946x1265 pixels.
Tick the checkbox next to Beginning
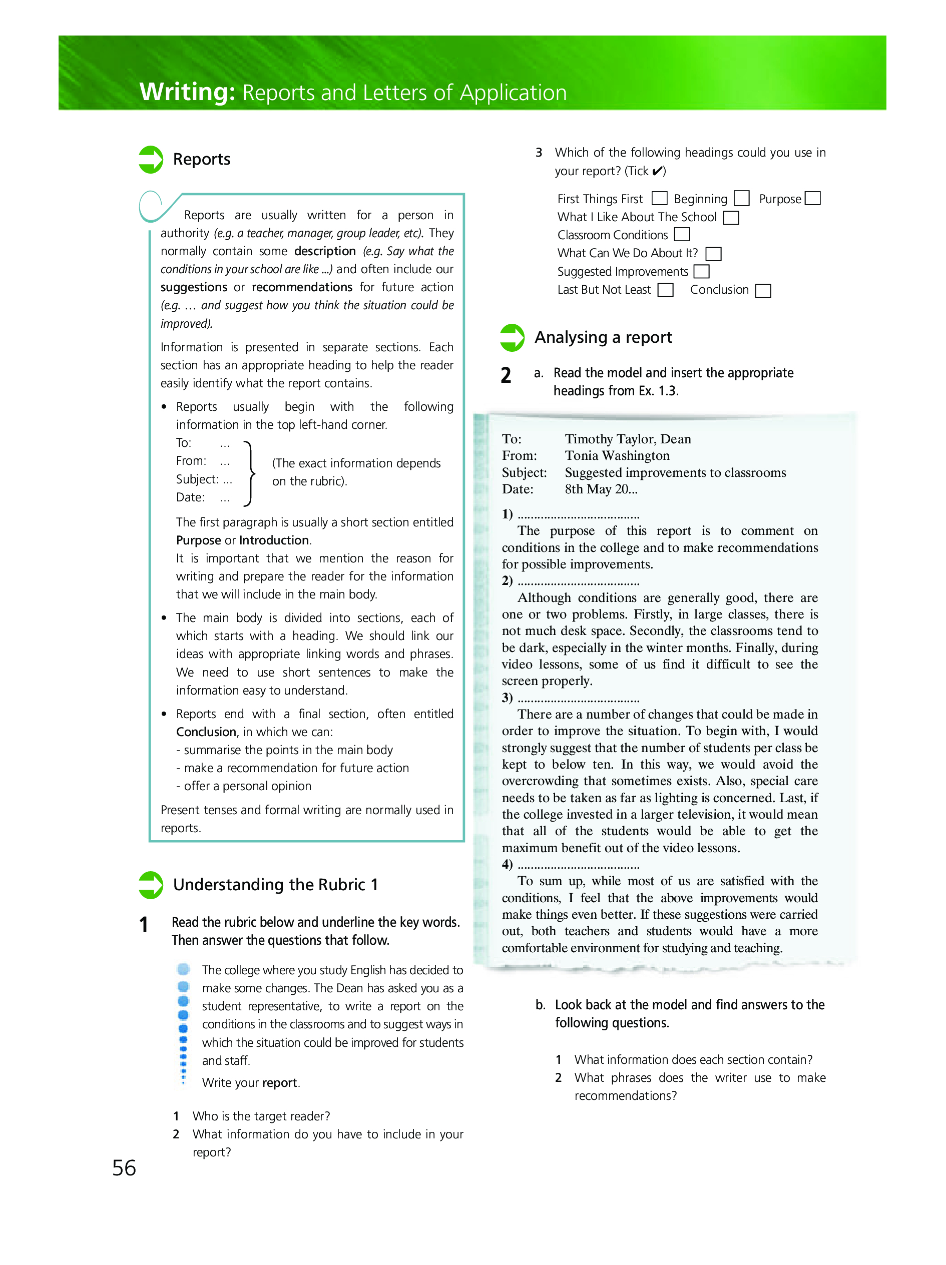pos(741,199)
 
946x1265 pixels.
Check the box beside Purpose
pos(812,199)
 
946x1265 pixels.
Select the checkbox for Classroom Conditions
pos(682,235)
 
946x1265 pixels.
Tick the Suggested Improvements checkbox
pos(701,271)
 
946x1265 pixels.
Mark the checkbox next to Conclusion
pos(763,291)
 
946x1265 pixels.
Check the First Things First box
pos(660,199)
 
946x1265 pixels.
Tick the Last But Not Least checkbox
pos(665,291)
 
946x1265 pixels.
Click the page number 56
pos(124,1168)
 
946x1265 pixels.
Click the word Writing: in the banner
pos(187,92)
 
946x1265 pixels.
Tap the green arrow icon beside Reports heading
pos(151,160)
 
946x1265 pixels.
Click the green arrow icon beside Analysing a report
pos(512,337)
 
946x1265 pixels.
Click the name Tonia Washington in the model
pos(617,456)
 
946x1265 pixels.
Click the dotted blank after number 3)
pos(578,699)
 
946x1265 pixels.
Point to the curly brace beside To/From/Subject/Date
pos(249,473)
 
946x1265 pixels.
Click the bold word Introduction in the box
pos(274,540)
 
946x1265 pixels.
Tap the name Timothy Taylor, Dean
pos(628,439)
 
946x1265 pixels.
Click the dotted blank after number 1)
pos(578,515)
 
